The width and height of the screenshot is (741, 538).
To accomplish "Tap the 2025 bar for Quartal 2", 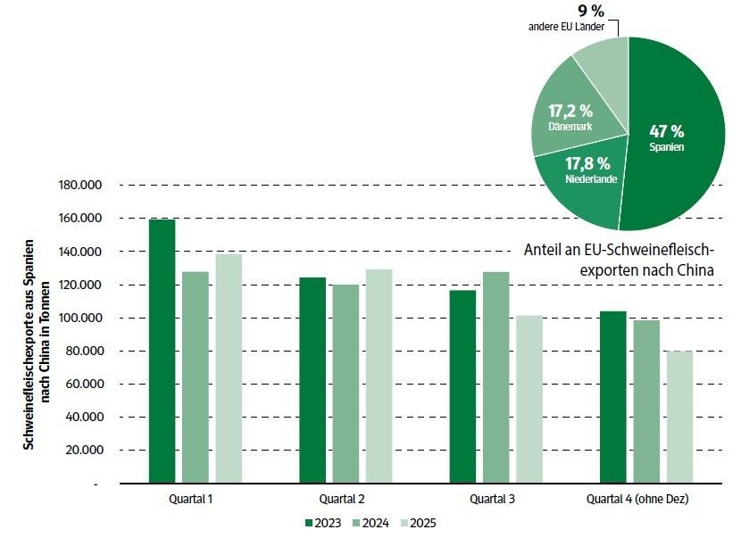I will tap(379, 376).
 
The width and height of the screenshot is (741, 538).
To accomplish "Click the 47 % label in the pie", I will tap(666, 131).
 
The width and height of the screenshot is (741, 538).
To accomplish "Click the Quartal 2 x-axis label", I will tap(341, 498).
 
